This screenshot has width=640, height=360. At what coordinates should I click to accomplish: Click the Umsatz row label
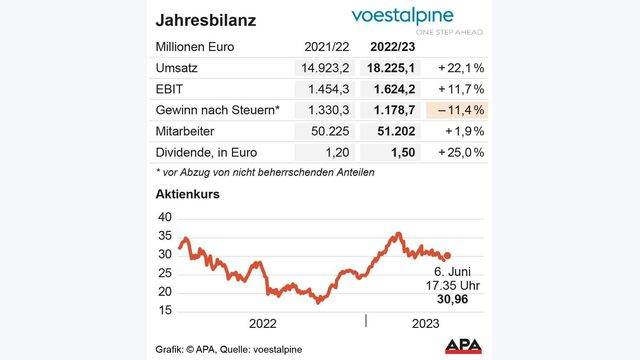(x=179, y=67)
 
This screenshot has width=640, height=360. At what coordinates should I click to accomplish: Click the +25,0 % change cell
(x=460, y=152)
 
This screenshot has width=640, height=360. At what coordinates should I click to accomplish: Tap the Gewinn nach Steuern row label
(x=216, y=110)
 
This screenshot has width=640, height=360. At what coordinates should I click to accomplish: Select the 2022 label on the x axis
(x=262, y=323)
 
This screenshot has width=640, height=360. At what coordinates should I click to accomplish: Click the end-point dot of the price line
(x=447, y=256)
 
